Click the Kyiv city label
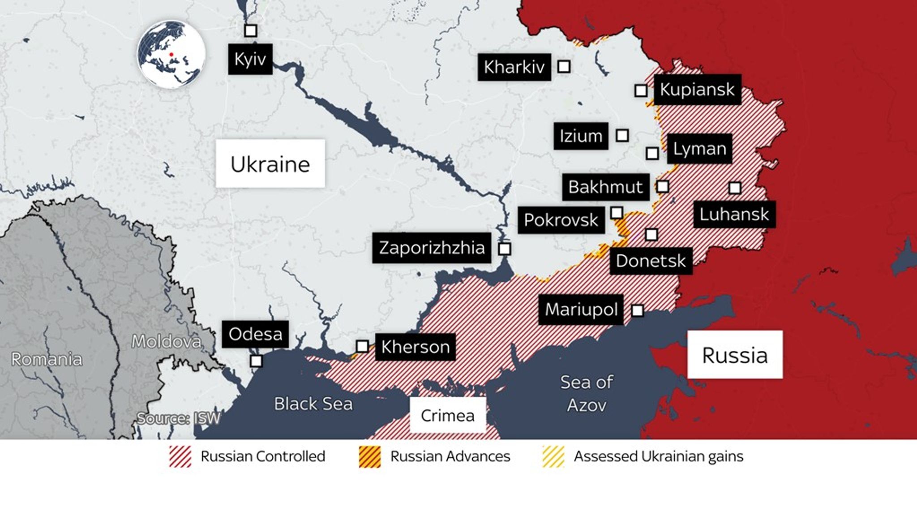coord(250,59)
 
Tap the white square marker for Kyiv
coord(250,30)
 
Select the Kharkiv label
coord(514,67)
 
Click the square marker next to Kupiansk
coord(641,91)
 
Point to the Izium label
coord(581,136)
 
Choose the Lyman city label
coord(699,149)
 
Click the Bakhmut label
coord(605,187)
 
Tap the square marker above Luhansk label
coord(735,188)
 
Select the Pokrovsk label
coord(561,220)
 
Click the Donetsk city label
coord(651,261)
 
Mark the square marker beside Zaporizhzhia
coord(505,249)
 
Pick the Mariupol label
coord(581,310)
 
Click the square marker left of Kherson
coord(362,346)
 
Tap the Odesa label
coord(255,334)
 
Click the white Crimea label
coord(448,415)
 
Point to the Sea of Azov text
coord(587,393)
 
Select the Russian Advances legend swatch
coord(370,457)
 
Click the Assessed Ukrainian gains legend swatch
coord(553,457)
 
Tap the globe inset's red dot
coord(171,55)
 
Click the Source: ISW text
coord(178,418)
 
